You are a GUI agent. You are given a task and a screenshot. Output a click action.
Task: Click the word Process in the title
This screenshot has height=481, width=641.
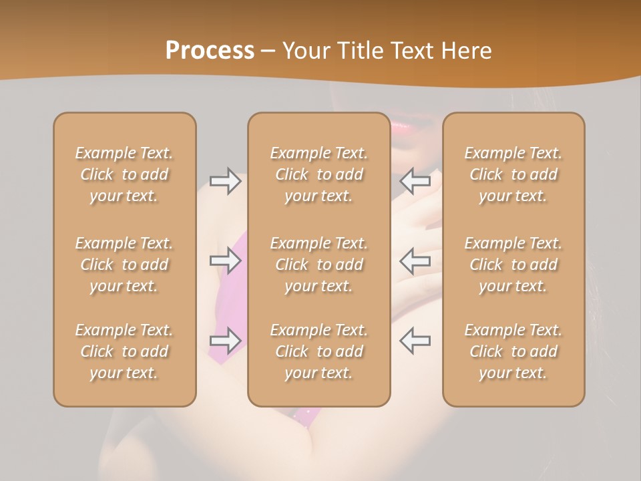pyautogui.click(x=210, y=51)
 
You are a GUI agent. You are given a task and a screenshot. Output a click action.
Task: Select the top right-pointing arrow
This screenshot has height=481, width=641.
pyautogui.click(x=225, y=181)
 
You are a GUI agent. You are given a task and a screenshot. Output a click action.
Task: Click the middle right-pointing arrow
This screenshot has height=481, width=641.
pyautogui.click(x=225, y=261)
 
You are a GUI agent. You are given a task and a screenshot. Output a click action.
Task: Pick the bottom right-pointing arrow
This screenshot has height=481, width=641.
pyautogui.click(x=225, y=341)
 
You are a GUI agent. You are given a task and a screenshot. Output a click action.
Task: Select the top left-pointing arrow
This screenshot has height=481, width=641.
pyautogui.click(x=415, y=181)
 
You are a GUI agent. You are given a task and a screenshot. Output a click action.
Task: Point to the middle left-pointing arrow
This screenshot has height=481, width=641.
pyautogui.click(x=415, y=261)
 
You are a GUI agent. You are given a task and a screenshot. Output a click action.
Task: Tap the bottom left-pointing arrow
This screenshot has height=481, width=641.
pyautogui.click(x=415, y=341)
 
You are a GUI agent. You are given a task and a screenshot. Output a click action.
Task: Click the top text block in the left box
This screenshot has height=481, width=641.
pyautogui.click(x=124, y=174)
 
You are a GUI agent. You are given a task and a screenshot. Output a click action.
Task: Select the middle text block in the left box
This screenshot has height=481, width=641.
pyautogui.click(x=124, y=265)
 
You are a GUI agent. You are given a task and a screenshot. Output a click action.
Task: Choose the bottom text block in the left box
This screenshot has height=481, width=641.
pyautogui.click(x=124, y=351)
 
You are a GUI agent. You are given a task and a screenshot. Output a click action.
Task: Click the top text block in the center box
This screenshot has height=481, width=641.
pyautogui.click(x=319, y=174)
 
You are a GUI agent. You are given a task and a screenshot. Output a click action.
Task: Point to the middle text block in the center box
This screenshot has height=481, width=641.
pyautogui.click(x=319, y=265)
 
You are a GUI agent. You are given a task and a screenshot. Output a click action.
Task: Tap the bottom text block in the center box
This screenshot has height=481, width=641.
pyautogui.click(x=319, y=351)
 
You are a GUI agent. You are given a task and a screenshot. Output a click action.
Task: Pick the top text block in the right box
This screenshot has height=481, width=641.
pyautogui.click(x=513, y=174)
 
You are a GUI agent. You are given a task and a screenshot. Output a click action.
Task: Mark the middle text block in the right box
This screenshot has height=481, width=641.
pyautogui.click(x=513, y=265)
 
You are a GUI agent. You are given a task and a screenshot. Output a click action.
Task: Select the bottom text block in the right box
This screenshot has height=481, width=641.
pyautogui.click(x=513, y=351)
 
